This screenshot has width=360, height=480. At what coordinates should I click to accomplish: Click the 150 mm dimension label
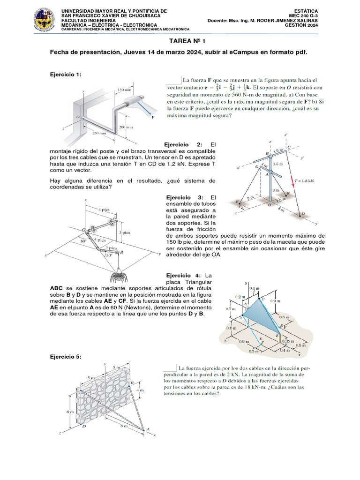point(124,90)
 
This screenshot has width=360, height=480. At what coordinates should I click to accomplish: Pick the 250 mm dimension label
point(99,133)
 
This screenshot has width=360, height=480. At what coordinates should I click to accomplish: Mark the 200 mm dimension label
point(126,127)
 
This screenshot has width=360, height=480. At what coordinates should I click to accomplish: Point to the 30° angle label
point(108,255)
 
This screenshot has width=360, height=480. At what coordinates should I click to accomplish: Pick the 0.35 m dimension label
point(288,342)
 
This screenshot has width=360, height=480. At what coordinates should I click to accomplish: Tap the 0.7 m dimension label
point(230,309)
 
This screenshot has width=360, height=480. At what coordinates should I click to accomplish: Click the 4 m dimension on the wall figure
point(139,390)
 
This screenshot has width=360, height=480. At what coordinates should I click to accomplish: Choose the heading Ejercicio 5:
point(66,357)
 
